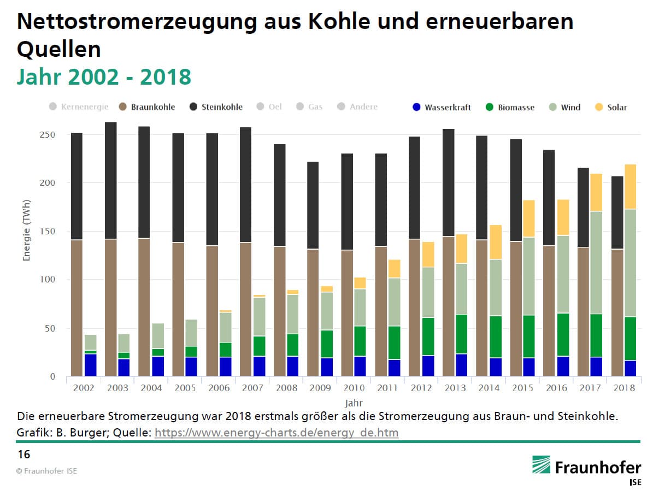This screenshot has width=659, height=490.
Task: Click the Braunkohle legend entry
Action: (148, 107)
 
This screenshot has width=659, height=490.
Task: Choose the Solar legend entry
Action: (612, 108)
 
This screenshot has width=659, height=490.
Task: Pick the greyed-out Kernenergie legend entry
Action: (79, 107)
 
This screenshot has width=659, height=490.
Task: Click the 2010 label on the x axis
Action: (354, 388)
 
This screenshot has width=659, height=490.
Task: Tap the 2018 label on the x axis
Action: (624, 388)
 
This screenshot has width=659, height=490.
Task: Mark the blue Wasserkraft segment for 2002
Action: (90, 365)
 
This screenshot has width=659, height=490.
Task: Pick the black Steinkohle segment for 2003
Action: (111, 180)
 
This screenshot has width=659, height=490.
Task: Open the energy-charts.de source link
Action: (276, 433)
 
